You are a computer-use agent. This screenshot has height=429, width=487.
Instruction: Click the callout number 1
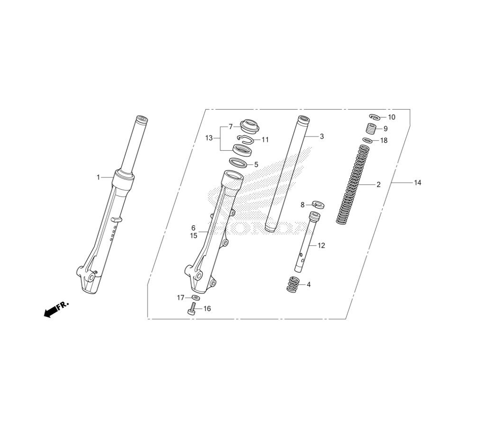pos(98,177)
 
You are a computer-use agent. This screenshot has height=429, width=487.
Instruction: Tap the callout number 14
pos(418,183)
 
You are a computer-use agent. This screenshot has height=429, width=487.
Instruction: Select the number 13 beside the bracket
pos(209,137)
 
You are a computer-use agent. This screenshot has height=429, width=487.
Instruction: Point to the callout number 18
pos(384,140)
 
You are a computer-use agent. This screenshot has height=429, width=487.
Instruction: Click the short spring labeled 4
pos(293,284)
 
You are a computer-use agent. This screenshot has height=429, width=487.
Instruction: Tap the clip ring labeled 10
pos(375,117)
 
